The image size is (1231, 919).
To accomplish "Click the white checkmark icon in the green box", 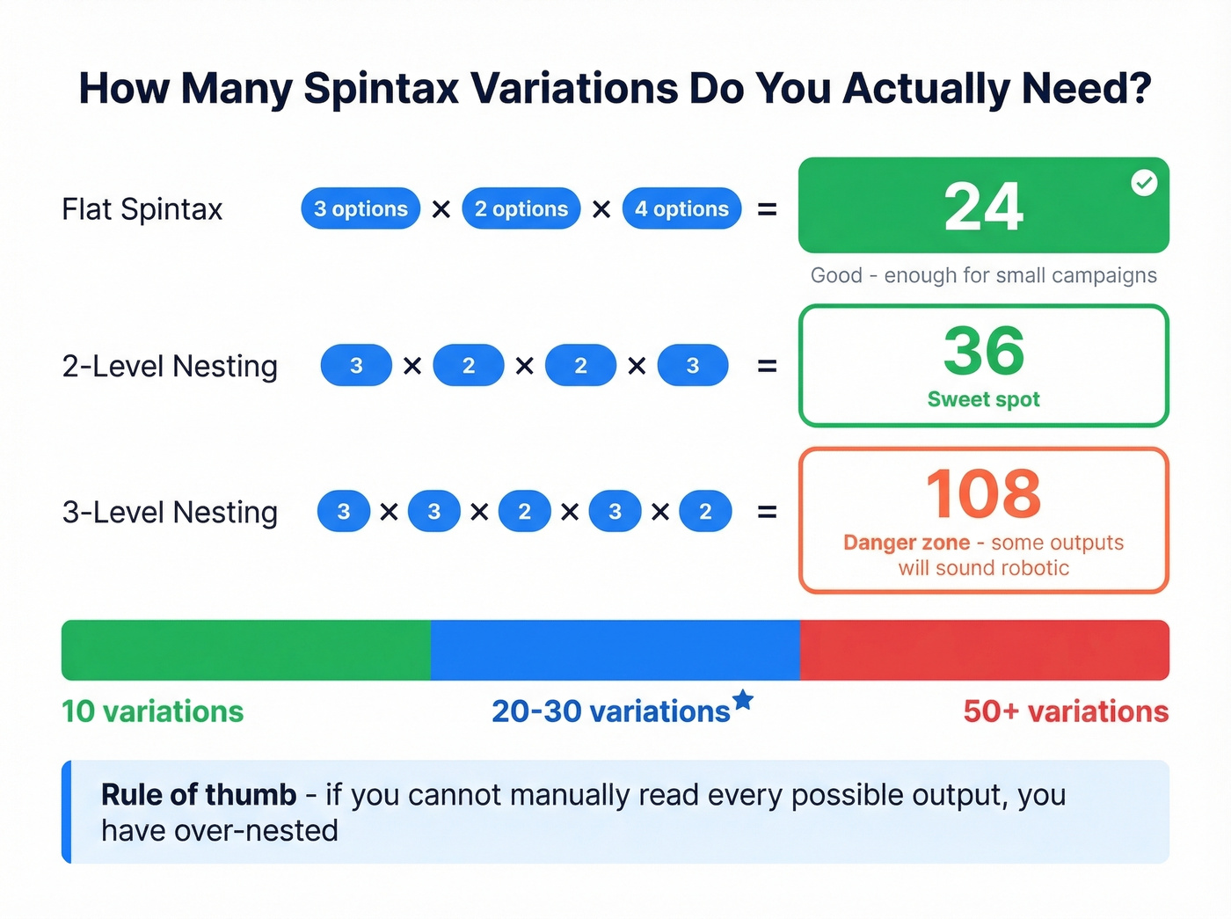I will click(1144, 183).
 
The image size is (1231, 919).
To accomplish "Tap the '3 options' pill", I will click(361, 208).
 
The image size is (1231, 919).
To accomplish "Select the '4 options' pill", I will click(681, 208).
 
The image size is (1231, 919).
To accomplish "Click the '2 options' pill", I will click(521, 208).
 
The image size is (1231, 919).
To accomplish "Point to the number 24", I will click(983, 208).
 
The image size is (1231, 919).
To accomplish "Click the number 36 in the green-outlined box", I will click(983, 351).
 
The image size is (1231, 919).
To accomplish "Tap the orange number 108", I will click(983, 493).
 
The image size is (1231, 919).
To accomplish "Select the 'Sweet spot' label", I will click(983, 399).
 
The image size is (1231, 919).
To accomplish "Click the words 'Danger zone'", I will click(906, 543).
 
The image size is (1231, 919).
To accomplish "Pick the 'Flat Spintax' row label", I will click(142, 209).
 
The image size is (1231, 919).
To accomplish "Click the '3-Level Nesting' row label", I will click(170, 512).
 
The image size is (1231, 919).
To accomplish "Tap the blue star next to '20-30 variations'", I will click(743, 700).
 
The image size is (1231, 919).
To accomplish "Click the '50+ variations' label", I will click(1066, 711).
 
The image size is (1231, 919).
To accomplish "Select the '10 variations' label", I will click(152, 711).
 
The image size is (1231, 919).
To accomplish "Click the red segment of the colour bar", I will click(985, 650).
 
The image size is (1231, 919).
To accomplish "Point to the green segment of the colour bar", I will click(246, 650).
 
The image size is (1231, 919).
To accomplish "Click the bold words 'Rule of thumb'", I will click(199, 794).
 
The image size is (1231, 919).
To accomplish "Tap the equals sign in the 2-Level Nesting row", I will click(767, 366).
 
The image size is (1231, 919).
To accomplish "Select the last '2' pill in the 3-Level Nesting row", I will click(705, 512).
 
